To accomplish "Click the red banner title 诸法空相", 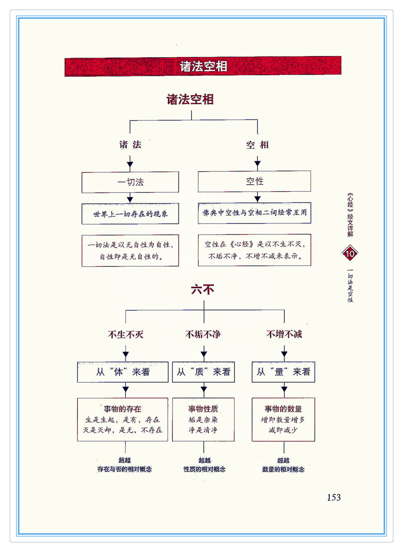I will pos(203,66).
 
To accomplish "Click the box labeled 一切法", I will pos(130,182).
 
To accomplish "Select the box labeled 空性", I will pos(254,181).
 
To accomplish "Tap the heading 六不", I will pos(203,290).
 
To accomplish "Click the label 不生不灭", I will pos(126,335).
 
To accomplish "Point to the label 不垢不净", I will pos(203,335).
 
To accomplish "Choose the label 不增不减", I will pos(284,335).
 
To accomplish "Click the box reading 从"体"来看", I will pos(123,372).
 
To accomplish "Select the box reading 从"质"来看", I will pos(203,372).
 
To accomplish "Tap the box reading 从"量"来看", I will pos(283,372).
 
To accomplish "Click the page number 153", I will pos(334,497).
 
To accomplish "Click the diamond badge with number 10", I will pos(350,253).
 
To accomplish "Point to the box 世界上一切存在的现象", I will pos(130,214).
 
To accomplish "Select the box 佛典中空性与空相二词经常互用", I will pos(254,213).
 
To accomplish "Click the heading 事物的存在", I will pos(122,409).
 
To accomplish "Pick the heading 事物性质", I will pos(203,409).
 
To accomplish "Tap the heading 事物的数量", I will pos(283,409).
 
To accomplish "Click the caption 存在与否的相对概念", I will pos(124,469).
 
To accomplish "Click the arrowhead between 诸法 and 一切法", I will pos(130,165).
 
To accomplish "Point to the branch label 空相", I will pos(257,145).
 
